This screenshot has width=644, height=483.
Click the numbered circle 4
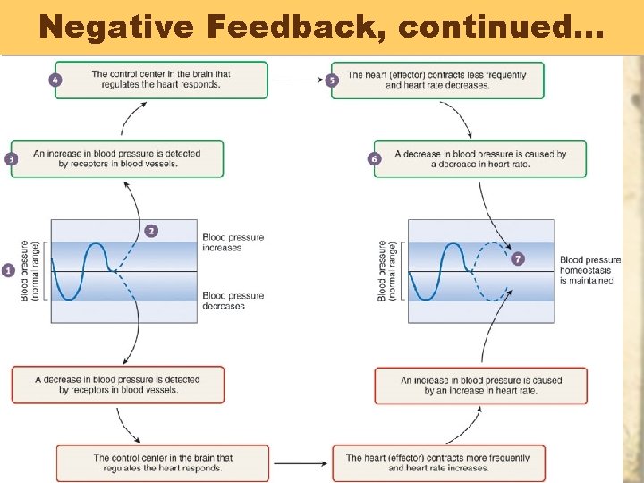coord(55,80)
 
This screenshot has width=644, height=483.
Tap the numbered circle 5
coord(333,80)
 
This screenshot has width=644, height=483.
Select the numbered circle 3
coord(12,158)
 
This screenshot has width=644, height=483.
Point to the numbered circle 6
coord(374,158)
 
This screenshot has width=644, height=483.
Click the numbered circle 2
coord(151,231)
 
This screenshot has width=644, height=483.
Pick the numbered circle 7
coord(519,258)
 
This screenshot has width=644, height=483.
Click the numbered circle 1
coord(8,269)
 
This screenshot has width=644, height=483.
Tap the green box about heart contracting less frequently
coord(437,80)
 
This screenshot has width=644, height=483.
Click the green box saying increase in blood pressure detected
coord(117,158)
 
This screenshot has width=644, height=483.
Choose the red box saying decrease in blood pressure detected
coord(118,385)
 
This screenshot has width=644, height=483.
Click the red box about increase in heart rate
coord(481,385)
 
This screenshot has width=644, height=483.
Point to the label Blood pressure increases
coord(233,241)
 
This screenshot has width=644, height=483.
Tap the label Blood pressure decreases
coord(233,301)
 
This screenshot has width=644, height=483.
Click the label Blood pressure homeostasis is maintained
coord(589,269)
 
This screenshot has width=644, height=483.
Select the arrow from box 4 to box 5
coord(299,80)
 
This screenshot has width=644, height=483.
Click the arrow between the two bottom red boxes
coord(301,462)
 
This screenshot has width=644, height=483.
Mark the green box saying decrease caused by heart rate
coord(480,158)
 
